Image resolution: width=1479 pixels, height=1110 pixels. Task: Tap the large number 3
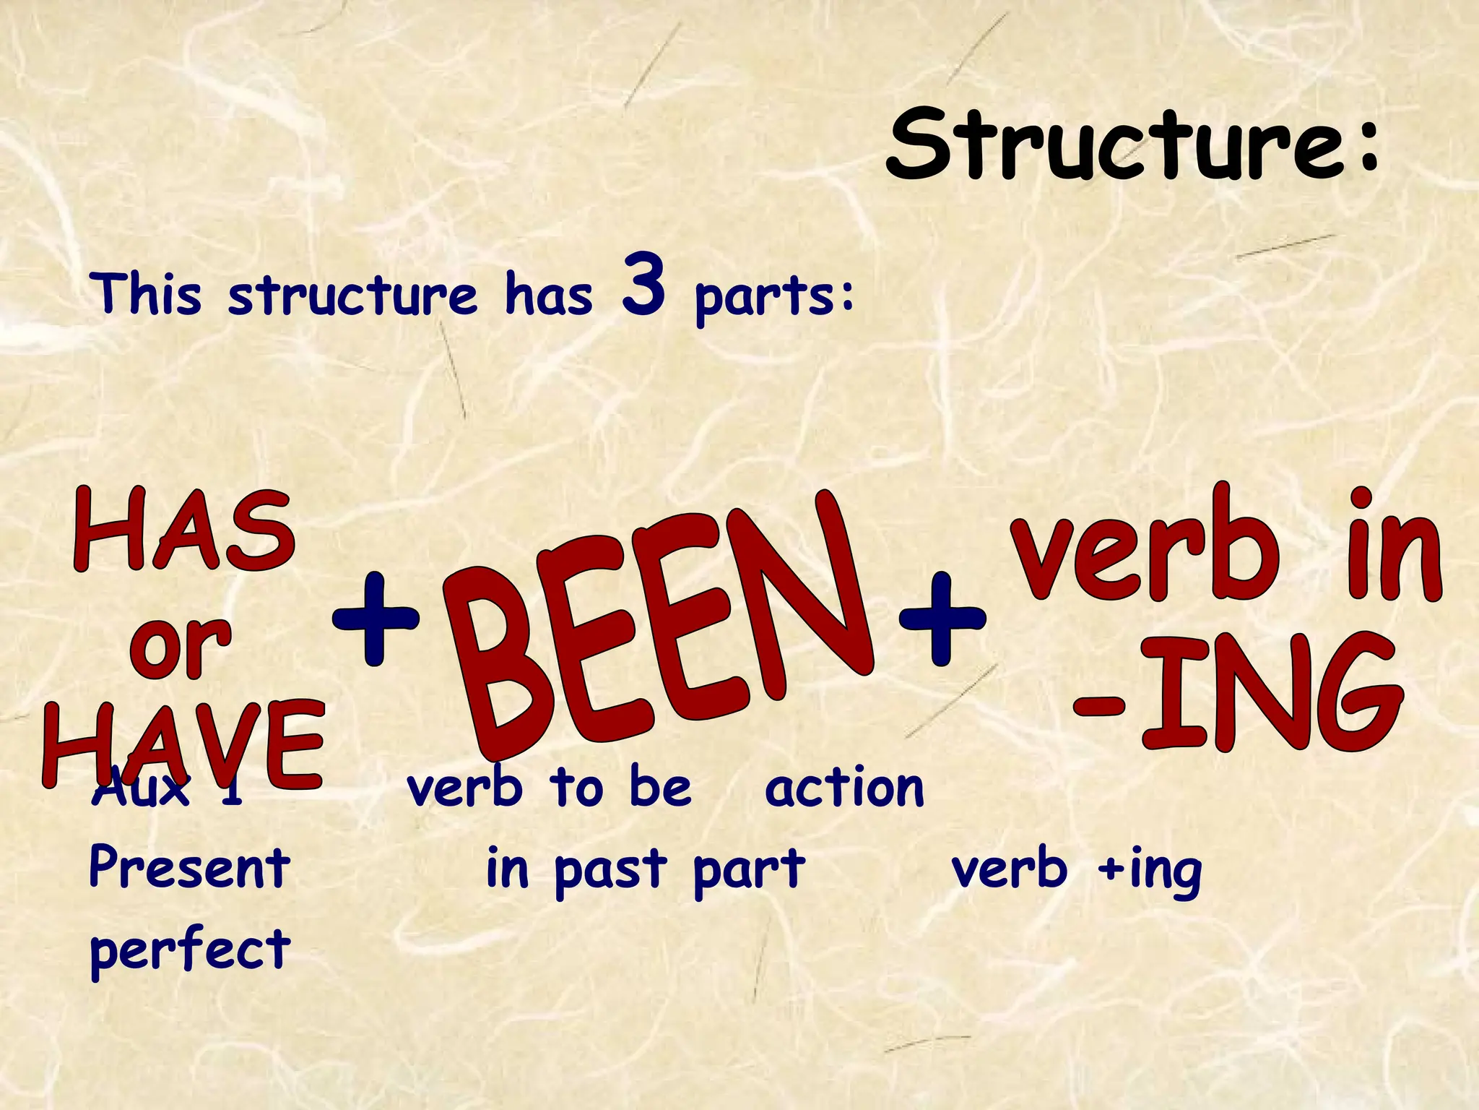[x=642, y=285]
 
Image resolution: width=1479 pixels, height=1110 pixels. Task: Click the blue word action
[x=844, y=788]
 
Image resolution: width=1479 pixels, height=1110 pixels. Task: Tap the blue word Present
[x=189, y=867]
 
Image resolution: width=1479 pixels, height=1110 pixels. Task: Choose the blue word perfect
[x=189, y=950]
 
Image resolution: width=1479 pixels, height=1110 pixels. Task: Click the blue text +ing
[x=1148, y=869]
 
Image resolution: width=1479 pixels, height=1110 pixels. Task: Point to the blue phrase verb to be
[x=549, y=788]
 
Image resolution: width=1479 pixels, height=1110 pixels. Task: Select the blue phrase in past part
[x=645, y=869]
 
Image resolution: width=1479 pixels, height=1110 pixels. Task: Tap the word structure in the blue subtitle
[x=352, y=296]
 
